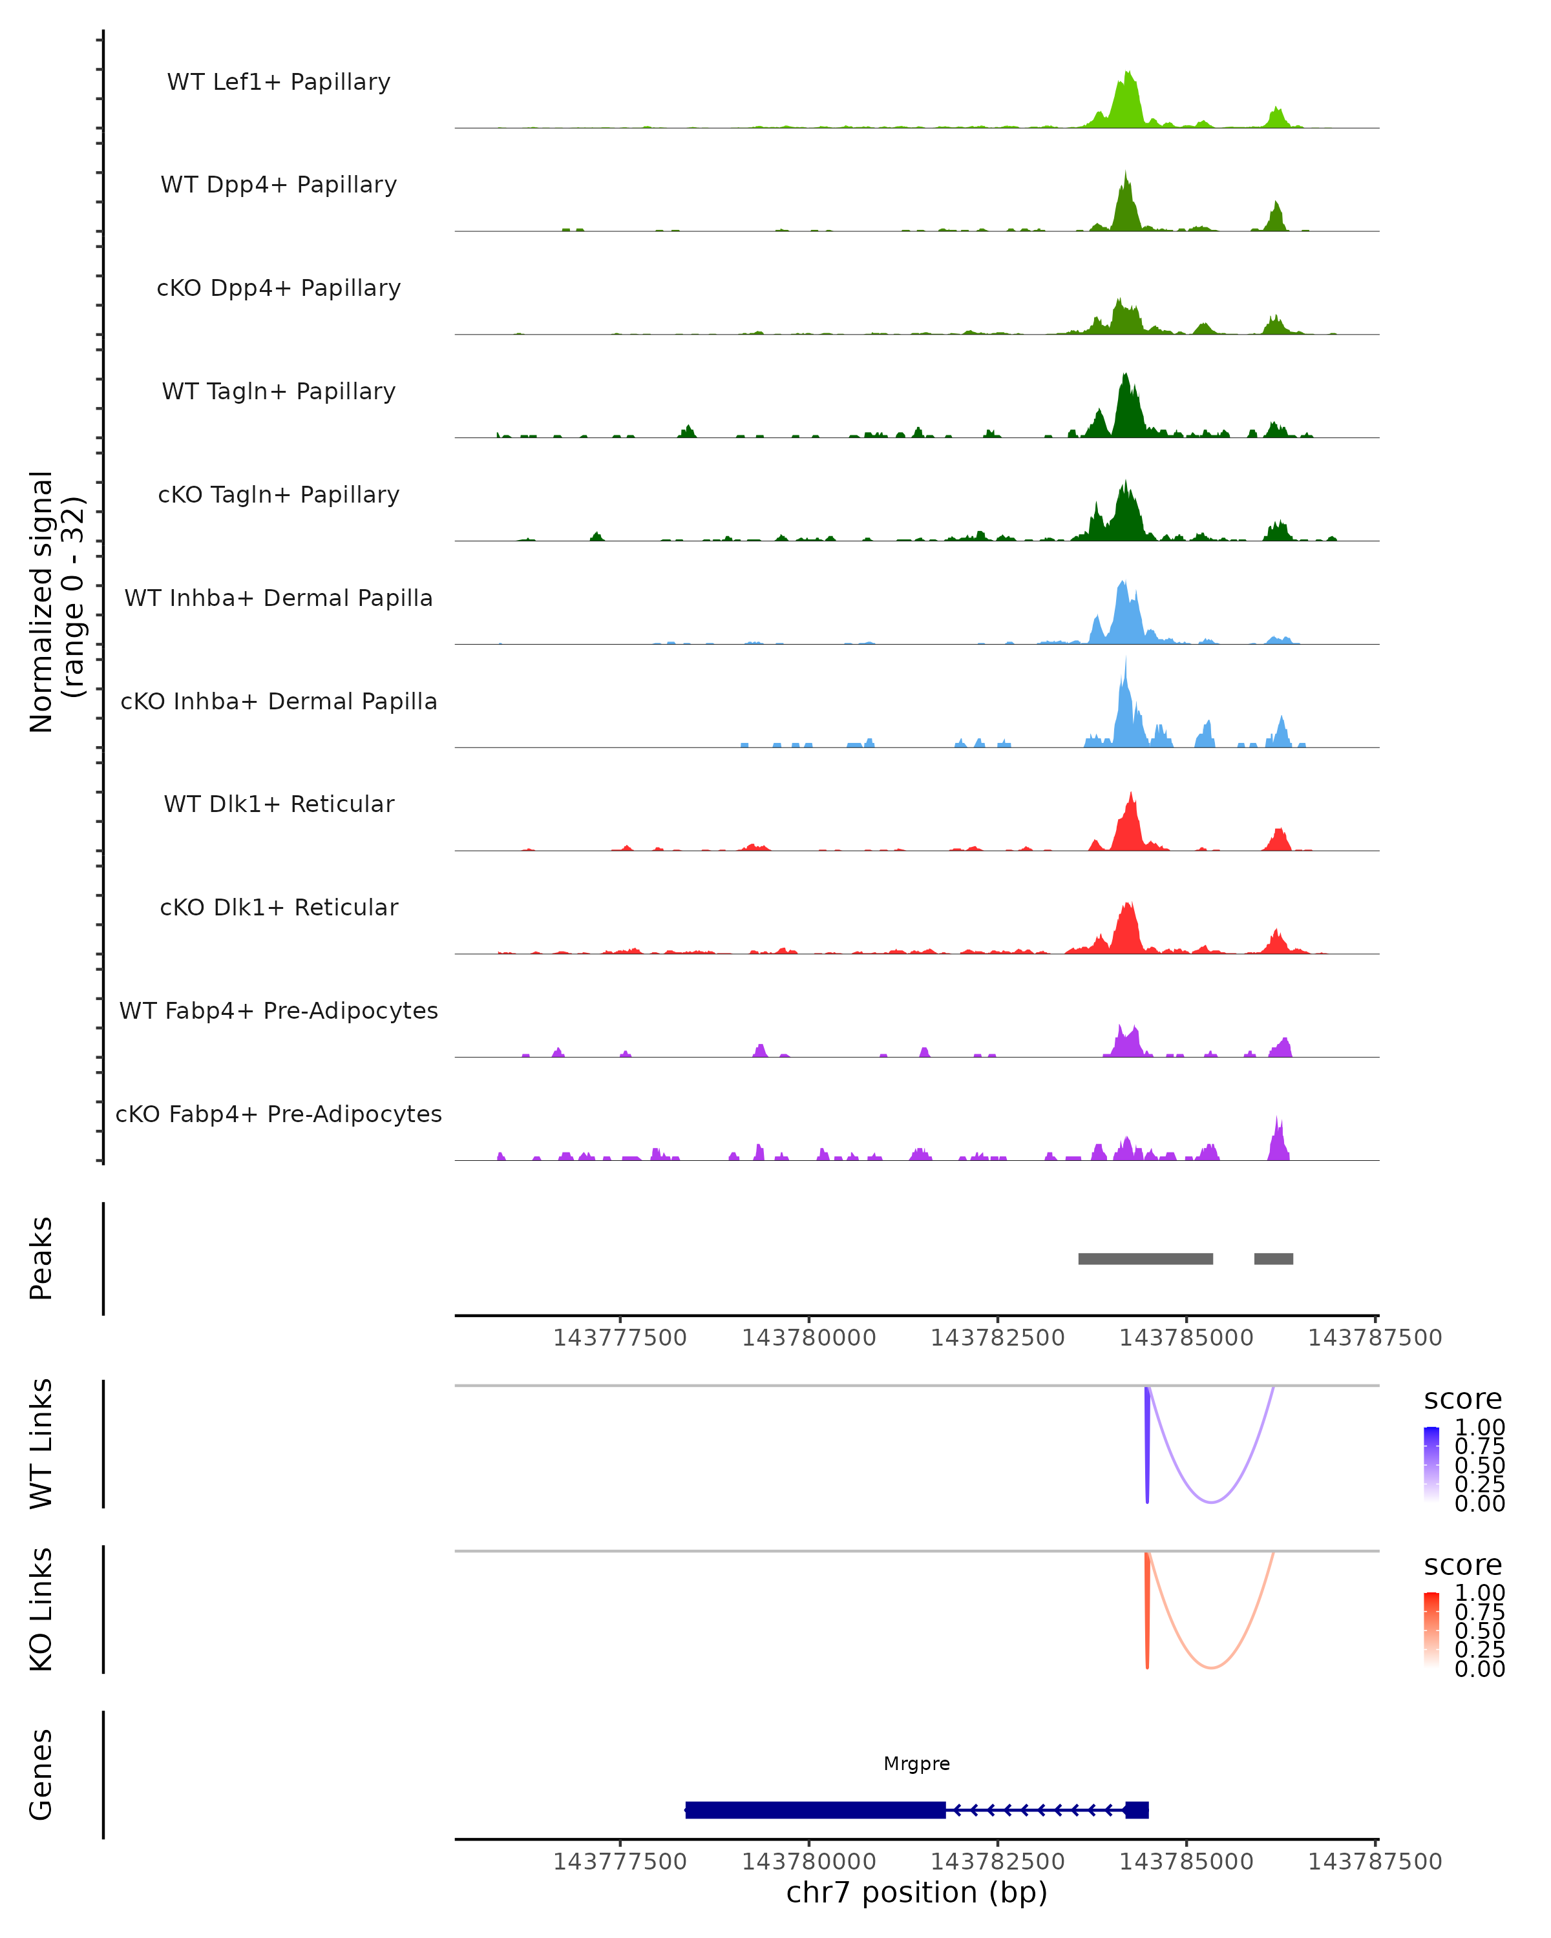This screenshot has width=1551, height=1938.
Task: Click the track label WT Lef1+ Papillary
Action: coord(279,82)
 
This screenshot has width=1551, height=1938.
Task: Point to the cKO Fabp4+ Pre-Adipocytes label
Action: coord(279,1114)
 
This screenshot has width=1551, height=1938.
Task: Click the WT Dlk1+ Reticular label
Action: coord(279,804)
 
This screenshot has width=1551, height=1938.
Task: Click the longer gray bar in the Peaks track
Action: coord(1146,1258)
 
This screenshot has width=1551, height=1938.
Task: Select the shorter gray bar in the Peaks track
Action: coord(1273,1258)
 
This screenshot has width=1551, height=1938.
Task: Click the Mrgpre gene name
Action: coord(916,1764)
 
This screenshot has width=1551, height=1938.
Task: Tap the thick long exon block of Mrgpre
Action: coord(815,1809)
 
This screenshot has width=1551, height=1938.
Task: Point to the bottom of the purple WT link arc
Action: coord(1211,1502)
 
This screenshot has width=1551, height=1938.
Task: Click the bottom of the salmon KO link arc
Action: coord(1211,1667)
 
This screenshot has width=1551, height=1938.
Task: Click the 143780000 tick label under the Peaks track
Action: coord(808,1338)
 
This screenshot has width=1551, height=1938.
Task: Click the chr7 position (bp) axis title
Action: coord(916,1892)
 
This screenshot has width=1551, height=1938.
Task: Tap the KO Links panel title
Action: coord(41,1609)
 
